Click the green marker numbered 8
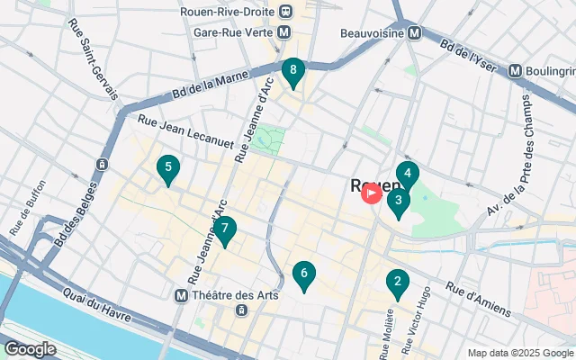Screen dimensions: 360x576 pos(292,71)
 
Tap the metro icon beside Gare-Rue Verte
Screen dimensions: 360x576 pos(284,31)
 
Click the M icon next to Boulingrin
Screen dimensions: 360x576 pos(516,70)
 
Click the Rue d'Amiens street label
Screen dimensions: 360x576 pos(479,301)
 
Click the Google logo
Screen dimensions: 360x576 pos(30,348)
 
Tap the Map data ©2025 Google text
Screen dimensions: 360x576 pos(519,352)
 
